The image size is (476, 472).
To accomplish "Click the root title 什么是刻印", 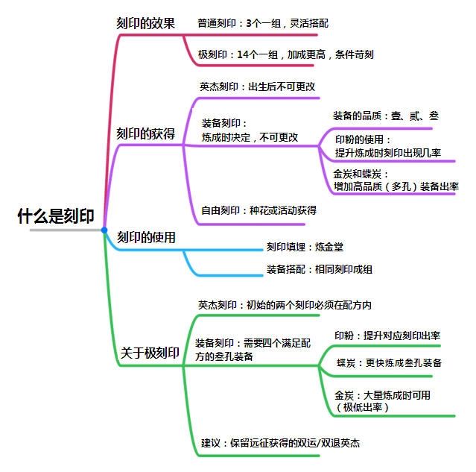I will (x=56, y=217).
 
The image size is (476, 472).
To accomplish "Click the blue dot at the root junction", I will (x=104, y=230).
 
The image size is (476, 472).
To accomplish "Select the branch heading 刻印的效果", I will (x=147, y=24).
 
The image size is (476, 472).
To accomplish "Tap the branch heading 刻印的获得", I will (x=147, y=133).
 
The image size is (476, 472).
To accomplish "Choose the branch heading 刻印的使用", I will (x=147, y=238).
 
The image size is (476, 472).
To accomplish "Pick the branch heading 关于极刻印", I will (x=150, y=354).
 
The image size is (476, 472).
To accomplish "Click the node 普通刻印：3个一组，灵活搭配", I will (x=263, y=23).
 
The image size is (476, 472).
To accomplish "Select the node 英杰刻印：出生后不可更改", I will (x=258, y=86).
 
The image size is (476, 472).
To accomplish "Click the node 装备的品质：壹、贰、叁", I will (x=386, y=116).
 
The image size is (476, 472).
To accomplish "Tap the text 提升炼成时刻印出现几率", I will (x=387, y=153).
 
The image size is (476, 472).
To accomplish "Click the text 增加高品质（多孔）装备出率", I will (x=396, y=186).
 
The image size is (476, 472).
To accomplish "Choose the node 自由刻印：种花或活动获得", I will (x=259, y=211).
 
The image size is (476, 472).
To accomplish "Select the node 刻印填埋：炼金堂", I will (x=305, y=246).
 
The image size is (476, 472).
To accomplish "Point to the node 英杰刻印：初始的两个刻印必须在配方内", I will (x=285, y=305).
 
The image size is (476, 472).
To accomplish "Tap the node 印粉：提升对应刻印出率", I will (x=387, y=336).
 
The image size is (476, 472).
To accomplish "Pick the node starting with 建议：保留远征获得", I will (x=281, y=443).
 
